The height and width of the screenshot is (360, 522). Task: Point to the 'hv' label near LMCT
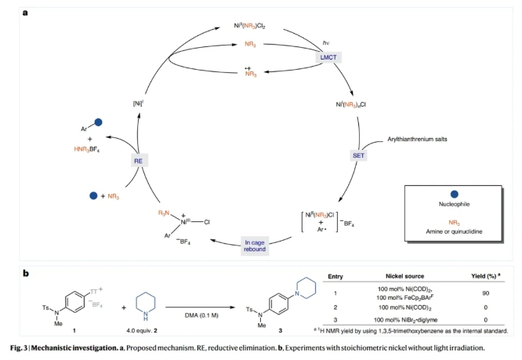[316, 42]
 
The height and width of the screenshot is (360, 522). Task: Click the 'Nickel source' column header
[405, 277]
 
